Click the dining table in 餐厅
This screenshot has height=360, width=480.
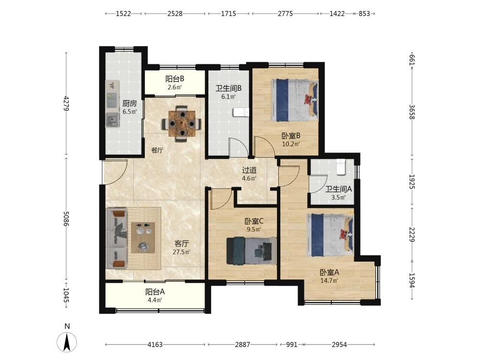coord(182,124)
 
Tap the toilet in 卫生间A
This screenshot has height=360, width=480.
coord(341,167)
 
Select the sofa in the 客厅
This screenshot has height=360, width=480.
coord(116,239)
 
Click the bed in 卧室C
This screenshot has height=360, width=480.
coord(252,251)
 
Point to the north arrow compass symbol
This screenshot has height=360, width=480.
coord(67,342)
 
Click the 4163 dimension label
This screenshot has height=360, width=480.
coord(155,345)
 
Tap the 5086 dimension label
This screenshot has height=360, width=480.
coord(66,218)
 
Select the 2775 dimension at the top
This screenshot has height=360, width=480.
coord(285,13)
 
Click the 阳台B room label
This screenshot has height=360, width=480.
coord(175,79)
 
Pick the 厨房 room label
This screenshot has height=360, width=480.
coord(130,103)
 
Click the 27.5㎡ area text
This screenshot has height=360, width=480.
coord(181,252)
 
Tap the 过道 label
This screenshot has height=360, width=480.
coord(249,170)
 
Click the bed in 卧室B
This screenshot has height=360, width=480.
coord(295,100)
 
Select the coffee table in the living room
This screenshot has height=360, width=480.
coord(143,238)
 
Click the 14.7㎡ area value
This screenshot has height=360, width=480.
coord(329,281)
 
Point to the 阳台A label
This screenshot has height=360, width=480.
coord(155,292)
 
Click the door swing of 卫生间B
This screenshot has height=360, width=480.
coord(239,147)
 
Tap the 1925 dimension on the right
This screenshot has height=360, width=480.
coord(412,182)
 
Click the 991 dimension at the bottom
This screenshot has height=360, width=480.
coord(292,345)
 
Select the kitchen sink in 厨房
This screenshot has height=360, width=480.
coord(112,120)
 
